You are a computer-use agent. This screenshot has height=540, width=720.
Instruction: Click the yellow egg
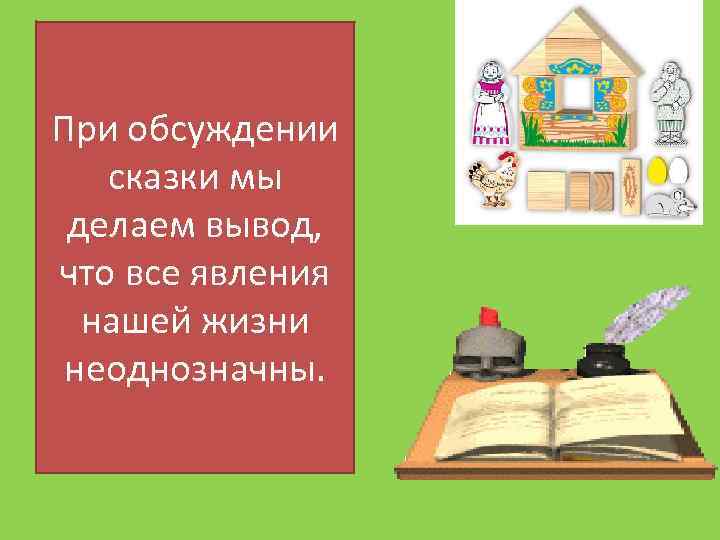[658, 170]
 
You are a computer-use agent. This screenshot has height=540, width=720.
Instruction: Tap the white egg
[679, 170]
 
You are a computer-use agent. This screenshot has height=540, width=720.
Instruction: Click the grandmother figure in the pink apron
[491, 101]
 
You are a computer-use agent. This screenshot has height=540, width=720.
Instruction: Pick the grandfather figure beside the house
[669, 101]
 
